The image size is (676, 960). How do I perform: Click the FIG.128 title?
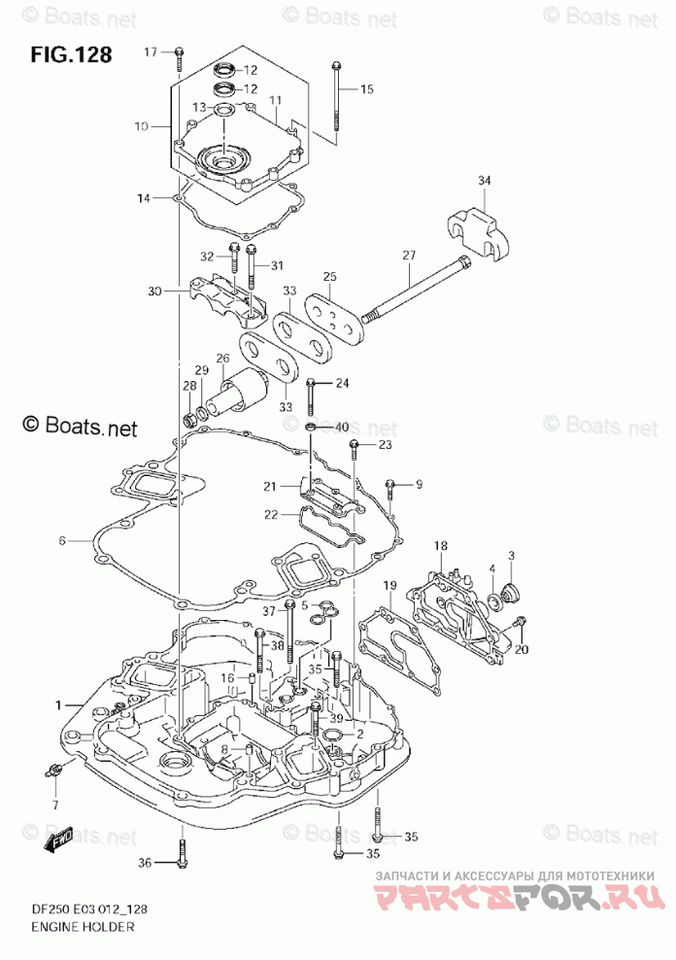point(71,54)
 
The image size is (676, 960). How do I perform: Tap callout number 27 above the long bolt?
point(409,256)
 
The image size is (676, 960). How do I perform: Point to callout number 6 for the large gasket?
point(60,540)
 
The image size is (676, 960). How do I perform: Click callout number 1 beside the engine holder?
point(58,703)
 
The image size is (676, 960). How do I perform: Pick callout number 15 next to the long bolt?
point(366,89)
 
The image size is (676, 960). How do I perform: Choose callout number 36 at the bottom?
point(144,863)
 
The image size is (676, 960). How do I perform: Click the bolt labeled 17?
point(180,58)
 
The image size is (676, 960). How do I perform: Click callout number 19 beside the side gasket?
point(389,585)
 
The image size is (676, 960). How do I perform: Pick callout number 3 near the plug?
point(512,556)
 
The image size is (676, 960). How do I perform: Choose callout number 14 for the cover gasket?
point(144,198)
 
